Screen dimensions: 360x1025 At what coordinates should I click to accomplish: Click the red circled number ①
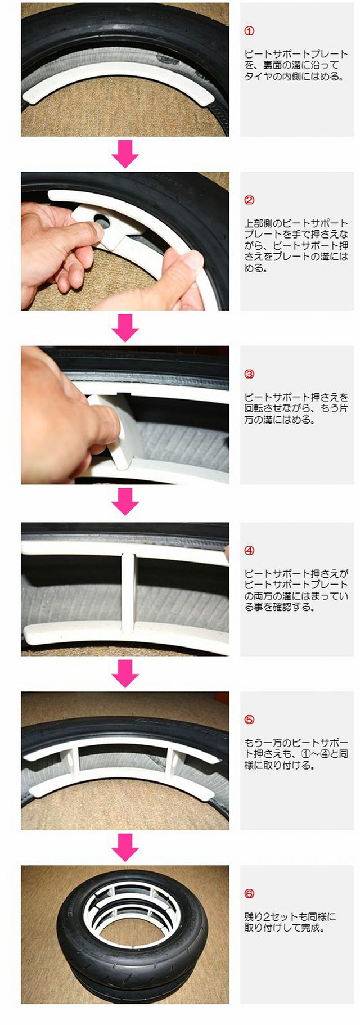250,31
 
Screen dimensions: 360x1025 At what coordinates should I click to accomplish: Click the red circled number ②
250,200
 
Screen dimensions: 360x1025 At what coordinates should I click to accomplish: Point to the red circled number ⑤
250,720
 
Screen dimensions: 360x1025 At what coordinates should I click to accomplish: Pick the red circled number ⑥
250,893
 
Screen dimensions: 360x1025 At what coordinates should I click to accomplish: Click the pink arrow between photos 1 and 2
125,154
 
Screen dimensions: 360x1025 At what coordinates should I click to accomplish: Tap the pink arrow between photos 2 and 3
125,327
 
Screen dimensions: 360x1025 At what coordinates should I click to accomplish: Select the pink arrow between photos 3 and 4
125,501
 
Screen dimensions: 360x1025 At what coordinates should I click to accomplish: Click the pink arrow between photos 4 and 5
125,673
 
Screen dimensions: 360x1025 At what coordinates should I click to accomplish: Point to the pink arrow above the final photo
125,847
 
